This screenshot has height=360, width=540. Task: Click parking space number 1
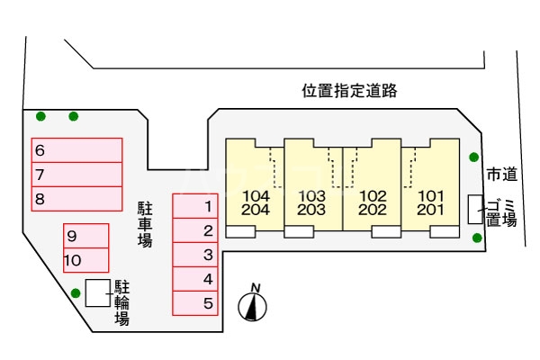(x=195, y=206)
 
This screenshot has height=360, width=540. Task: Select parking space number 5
(x=195, y=303)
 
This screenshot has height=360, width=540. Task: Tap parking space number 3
(x=195, y=255)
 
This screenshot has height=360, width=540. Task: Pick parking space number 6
(x=77, y=149)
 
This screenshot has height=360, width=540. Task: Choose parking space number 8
(x=77, y=198)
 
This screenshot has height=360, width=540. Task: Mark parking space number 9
(x=85, y=236)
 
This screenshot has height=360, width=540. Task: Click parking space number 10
(x=85, y=260)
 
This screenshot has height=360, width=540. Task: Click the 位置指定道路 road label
(x=349, y=91)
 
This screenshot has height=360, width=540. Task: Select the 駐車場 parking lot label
(x=144, y=224)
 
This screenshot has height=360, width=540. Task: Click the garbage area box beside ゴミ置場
(x=475, y=208)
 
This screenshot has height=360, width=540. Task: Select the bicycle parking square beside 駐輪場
(x=96, y=293)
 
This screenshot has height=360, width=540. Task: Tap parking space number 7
(x=77, y=174)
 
